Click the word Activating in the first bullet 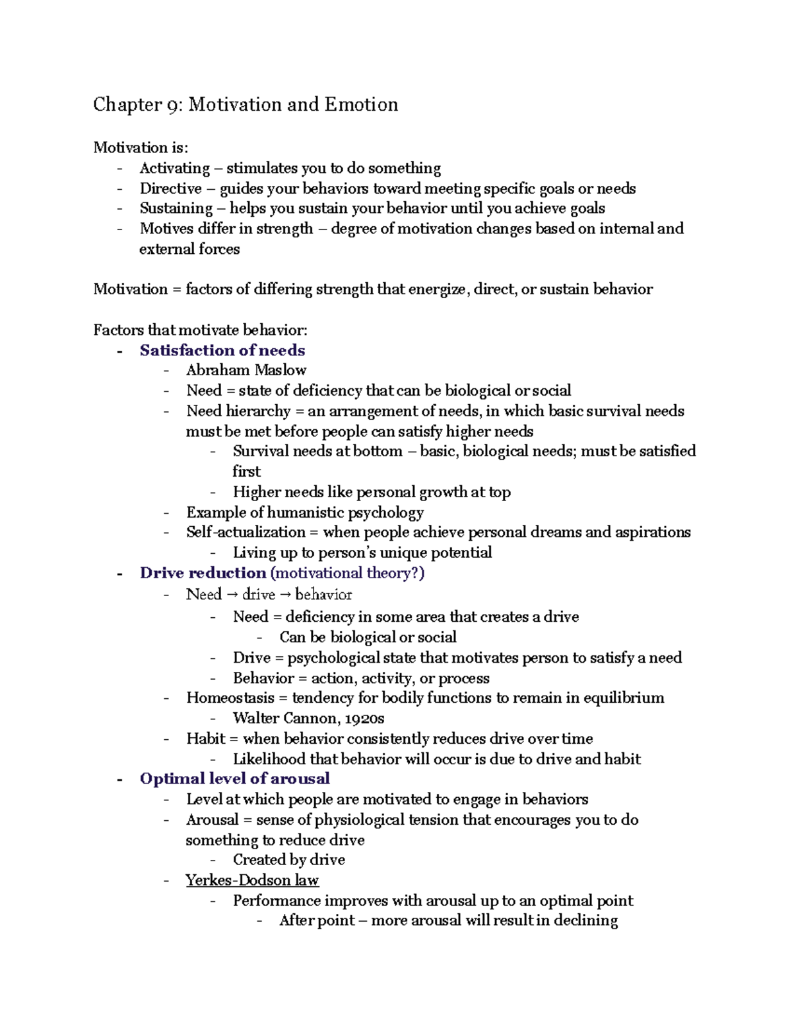click(x=174, y=168)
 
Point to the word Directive click(x=170, y=189)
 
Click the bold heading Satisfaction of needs click(x=222, y=350)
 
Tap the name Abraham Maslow click(x=246, y=370)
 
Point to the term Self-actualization click(x=246, y=532)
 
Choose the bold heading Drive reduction click(x=203, y=573)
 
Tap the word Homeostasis click(x=230, y=698)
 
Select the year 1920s click(x=364, y=718)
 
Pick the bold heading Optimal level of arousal click(x=234, y=779)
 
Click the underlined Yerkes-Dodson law click(x=251, y=880)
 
